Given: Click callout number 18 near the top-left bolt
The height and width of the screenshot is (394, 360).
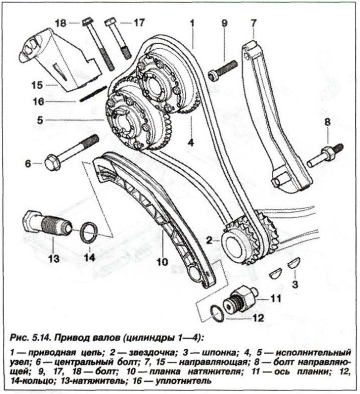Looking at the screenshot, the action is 61,23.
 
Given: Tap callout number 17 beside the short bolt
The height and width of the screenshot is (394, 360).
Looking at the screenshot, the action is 139,22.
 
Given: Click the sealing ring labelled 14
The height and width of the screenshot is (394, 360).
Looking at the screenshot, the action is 89,233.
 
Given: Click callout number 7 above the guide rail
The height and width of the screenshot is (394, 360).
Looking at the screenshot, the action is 254,23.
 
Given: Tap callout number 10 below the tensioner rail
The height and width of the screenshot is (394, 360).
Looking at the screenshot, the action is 162,262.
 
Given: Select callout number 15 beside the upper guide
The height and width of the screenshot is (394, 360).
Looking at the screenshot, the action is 37,85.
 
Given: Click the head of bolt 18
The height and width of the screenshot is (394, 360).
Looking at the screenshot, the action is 88,21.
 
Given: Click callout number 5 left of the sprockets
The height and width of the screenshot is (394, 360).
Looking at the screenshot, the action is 40,120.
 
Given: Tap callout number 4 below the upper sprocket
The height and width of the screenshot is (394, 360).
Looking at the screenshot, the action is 190,143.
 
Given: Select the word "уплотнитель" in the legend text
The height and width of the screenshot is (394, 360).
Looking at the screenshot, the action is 183,381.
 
